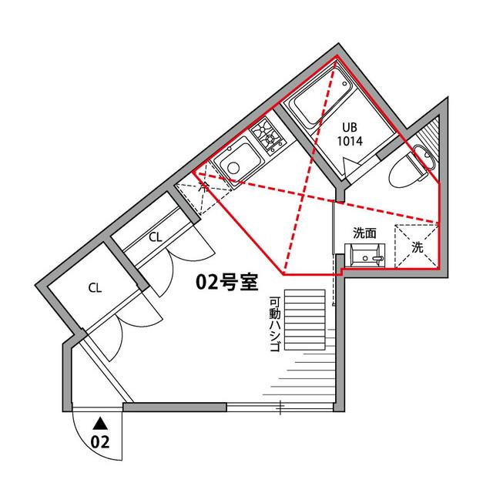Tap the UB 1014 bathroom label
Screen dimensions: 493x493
tap(352, 136)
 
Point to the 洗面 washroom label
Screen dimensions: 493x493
tap(364, 233)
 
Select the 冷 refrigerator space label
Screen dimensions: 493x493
tap(203, 186)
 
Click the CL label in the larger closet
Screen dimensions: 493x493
tap(95, 289)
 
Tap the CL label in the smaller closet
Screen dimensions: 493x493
tap(155, 236)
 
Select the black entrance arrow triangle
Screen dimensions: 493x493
tap(100, 422)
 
